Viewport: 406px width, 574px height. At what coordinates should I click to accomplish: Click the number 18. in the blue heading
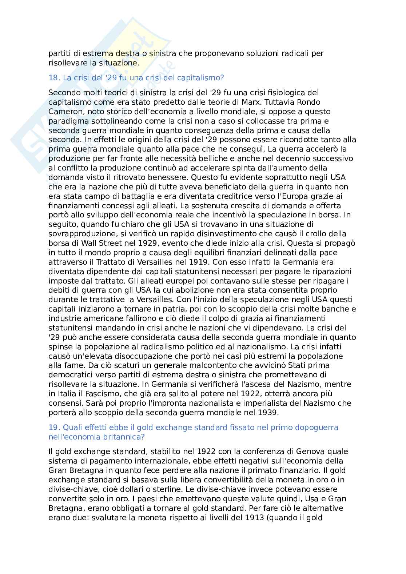(x=54, y=78)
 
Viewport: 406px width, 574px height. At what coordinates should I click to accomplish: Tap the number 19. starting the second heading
(x=54, y=428)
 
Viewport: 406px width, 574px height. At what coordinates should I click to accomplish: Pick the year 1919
(x=199, y=262)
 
